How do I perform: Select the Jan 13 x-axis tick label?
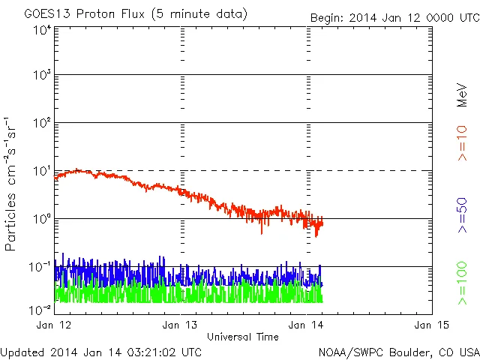181,325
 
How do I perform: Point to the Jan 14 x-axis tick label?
307,325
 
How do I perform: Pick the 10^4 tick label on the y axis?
41,30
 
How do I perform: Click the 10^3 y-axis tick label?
41,75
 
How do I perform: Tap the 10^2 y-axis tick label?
41,123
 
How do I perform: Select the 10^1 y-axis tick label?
41,171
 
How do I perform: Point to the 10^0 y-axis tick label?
41,219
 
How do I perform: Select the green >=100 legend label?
462,283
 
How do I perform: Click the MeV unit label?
462,94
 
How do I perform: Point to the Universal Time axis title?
243,337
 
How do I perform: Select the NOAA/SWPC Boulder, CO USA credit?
398,352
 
